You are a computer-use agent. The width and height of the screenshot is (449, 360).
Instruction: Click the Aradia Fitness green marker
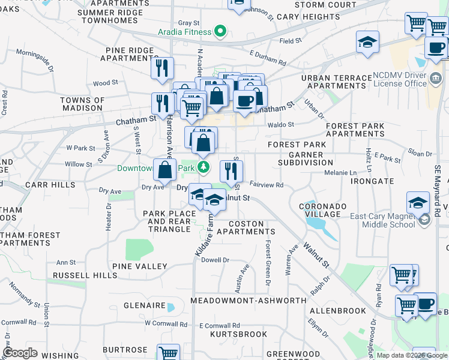click(220, 32)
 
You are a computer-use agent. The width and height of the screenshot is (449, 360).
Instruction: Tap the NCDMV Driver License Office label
click(400, 80)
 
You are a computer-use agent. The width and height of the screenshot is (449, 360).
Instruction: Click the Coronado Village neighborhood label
click(323, 211)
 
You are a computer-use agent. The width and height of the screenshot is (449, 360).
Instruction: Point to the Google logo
click(20, 353)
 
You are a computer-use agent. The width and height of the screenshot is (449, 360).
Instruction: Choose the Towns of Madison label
click(82, 104)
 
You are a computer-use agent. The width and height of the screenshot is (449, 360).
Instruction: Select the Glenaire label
click(144, 305)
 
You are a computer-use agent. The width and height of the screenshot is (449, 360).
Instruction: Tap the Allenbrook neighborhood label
click(338, 311)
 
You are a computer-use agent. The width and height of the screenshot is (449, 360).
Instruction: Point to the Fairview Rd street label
click(265, 185)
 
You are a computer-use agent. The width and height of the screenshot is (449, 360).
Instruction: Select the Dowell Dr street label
click(215, 260)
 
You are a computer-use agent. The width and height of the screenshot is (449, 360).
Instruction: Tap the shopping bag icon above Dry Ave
click(164, 170)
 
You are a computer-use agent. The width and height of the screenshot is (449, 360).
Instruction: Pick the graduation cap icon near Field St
click(367, 43)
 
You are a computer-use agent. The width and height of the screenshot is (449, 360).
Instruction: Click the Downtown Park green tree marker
click(204, 167)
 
